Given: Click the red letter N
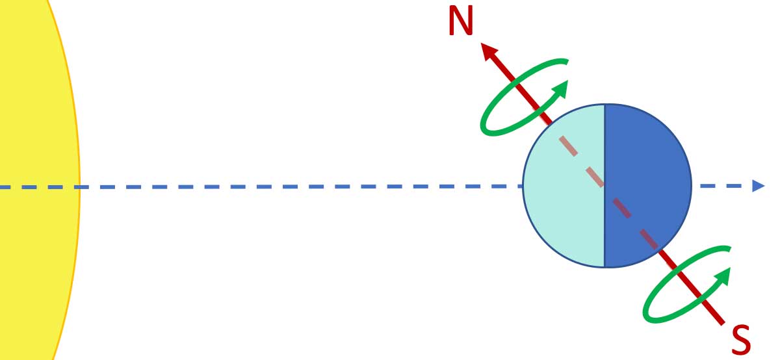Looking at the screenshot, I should (x=460, y=21).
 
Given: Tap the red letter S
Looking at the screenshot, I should (x=741, y=339).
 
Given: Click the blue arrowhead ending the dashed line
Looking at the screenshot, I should (x=758, y=186).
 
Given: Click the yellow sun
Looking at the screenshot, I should (x=32, y=130).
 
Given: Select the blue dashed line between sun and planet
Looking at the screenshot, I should (x=292, y=187).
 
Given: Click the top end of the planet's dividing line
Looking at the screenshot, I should (x=605, y=105).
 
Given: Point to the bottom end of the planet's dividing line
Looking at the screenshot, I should (x=605, y=266).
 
